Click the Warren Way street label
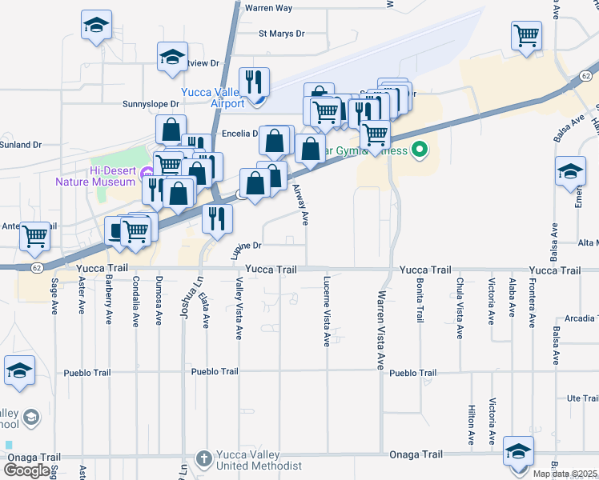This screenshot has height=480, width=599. pos(268,8)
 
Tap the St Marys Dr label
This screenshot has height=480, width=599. pos(282,34)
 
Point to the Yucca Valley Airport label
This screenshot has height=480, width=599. pos(212,98)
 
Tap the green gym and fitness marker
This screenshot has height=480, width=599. pos(419,150)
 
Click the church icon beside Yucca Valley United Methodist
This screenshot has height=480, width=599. pos(204,458)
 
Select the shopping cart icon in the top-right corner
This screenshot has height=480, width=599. pos(527,34)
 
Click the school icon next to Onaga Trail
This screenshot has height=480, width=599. pos(518,451)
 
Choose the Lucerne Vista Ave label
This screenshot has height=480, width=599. pos(327,312)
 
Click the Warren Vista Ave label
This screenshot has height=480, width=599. pos(380,330)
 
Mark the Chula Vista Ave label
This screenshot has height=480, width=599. pos(460,308)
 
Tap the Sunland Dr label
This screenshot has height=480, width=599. pos(20,145)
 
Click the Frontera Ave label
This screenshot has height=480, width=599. pos(532,303)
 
